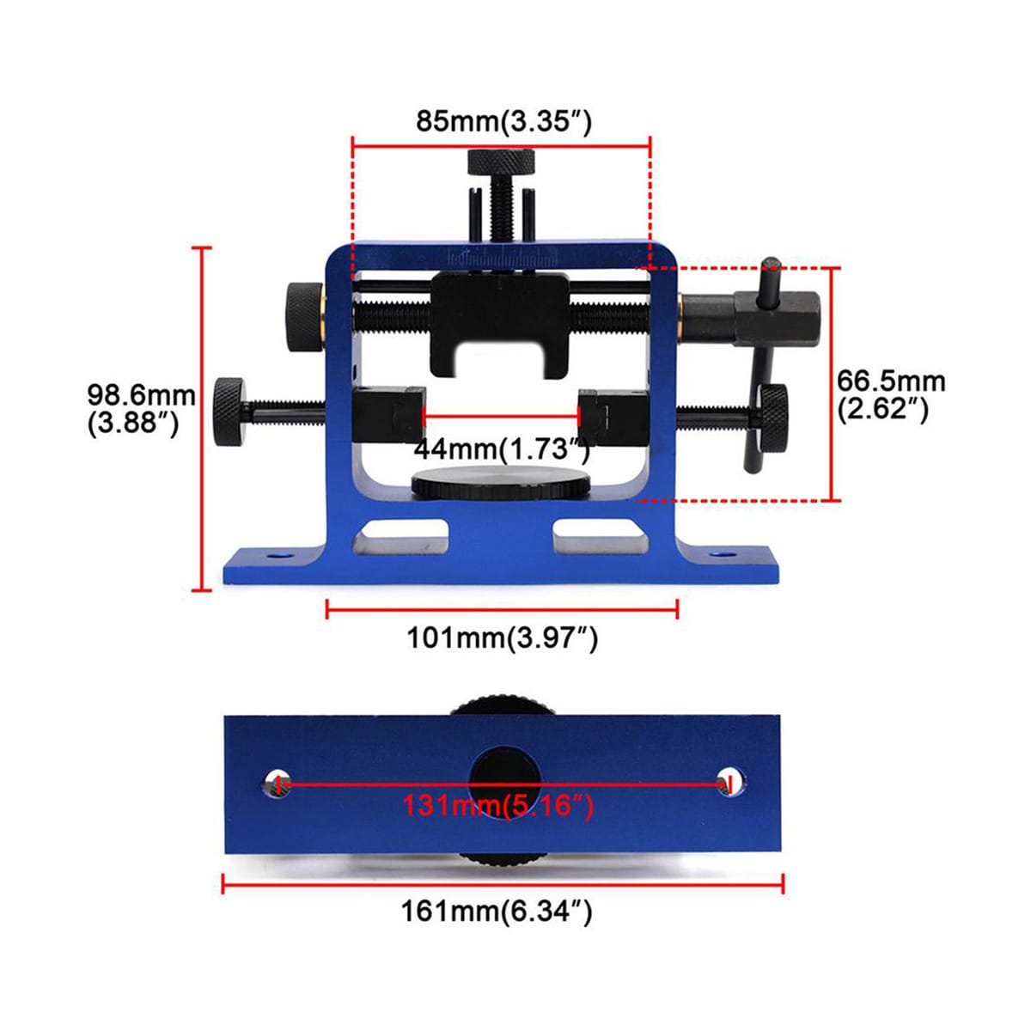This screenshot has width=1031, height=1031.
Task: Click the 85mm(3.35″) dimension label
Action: pos(503,121)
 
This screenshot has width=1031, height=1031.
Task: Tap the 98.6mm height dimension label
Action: pos(141,409)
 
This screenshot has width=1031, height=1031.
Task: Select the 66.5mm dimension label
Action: pos(891,396)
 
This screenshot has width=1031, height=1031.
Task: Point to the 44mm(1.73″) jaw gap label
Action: pos(501,448)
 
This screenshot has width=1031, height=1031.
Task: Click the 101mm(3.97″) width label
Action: pos(503,638)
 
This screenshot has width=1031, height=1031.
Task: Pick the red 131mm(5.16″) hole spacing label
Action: pos(497,805)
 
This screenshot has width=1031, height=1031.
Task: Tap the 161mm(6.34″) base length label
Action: pos(497,911)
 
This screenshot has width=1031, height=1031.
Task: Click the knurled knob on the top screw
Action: pos(501,162)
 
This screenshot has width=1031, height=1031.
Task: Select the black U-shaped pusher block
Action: pos(500,325)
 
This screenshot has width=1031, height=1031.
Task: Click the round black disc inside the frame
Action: pos(501,483)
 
